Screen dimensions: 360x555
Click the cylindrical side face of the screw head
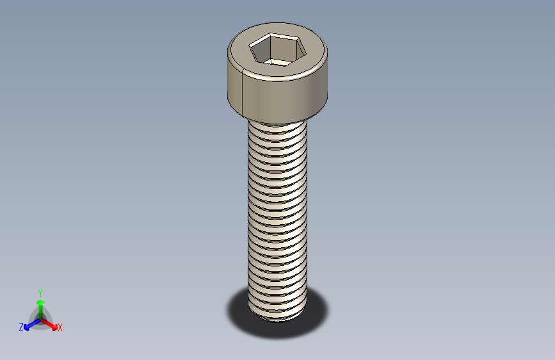[282, 96]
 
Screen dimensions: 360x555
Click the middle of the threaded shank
[278, 218]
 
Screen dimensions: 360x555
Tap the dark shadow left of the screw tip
[237, 311]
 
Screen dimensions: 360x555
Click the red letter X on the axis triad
[60, 328]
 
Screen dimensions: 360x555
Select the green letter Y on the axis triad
[40, 292]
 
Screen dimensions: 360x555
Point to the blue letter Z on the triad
[21, 327]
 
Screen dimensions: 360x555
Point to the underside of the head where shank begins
[277, 120]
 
